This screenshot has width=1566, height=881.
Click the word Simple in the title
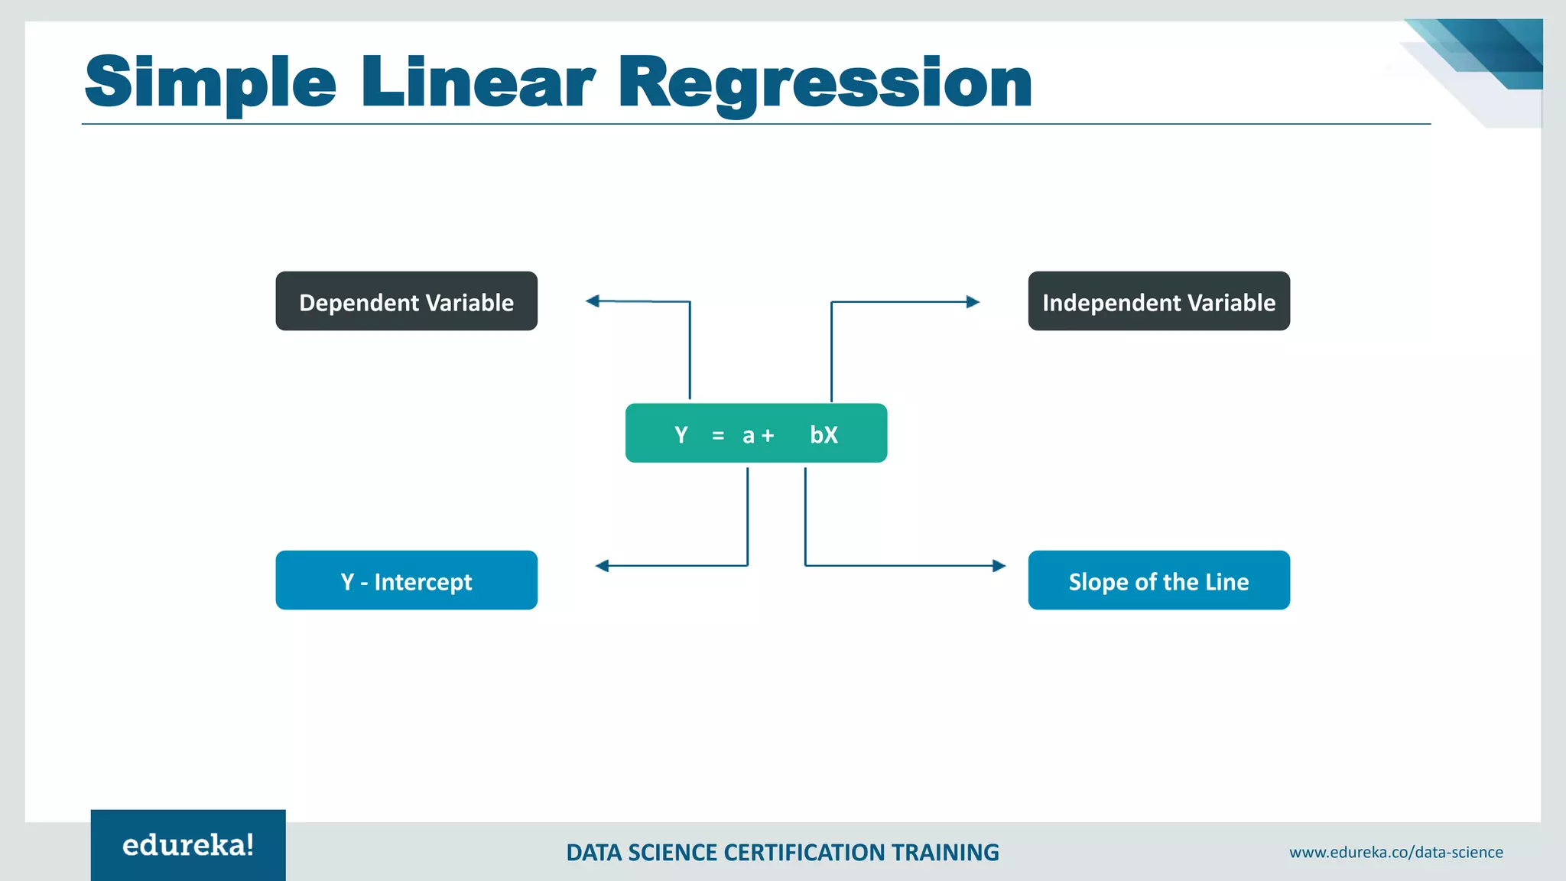click(210, 83)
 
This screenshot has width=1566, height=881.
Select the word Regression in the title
click(826, 83)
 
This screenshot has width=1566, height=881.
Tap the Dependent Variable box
click(406, 301)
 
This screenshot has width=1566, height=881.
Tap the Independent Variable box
click(1158, 301)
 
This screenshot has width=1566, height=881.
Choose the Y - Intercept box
click(406, 580)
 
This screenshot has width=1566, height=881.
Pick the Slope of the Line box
click(1158, 580)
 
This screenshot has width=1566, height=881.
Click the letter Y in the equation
click(681, 435)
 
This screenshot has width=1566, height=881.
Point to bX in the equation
click(824, 435)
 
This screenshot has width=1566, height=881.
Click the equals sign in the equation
click(718, 436)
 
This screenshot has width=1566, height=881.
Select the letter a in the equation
click(749, 436)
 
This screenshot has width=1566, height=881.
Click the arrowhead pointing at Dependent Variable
click(593, 301)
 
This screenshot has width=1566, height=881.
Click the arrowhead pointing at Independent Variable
click(973, 302)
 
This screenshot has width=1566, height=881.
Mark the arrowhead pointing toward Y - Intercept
click(603, 566)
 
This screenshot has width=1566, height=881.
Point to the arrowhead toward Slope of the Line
click(999, 566)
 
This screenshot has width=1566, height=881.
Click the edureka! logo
click(188, 845)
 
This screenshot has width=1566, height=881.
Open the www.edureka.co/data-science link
click(1395, 852)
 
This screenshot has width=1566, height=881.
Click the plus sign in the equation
click(768, 436)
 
